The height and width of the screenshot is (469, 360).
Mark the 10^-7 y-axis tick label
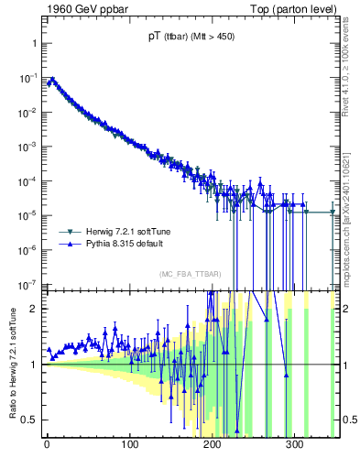27,283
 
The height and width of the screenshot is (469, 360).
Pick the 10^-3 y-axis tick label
27,147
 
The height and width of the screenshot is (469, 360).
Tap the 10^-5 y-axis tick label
27,214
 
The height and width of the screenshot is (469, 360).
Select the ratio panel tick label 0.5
28,420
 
